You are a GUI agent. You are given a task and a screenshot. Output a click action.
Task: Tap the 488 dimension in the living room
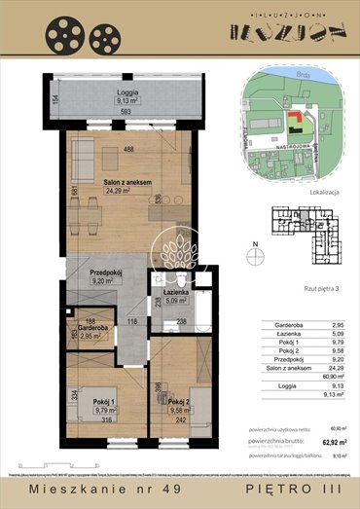(127, 149)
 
